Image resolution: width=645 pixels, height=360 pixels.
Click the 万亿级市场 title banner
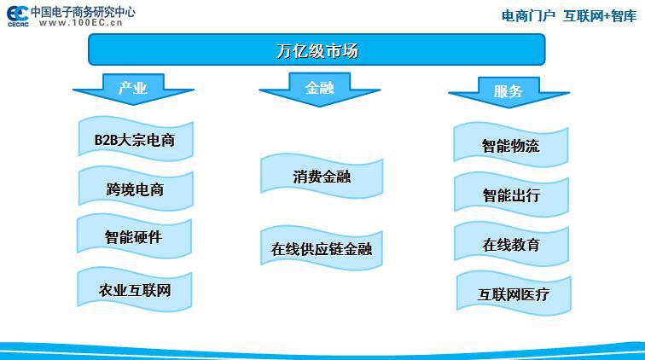(317, 49)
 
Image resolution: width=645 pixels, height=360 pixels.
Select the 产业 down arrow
(133, 89)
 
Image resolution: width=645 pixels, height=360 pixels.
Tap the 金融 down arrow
(320, 90)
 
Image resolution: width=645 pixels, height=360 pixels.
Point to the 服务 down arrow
(508, 92)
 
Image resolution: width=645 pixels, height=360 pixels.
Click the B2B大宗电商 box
(136, 139)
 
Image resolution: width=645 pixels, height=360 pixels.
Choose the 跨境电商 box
(136, 189)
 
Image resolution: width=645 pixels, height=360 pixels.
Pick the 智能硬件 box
(134, 236)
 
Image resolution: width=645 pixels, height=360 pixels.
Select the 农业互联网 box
(135, 290)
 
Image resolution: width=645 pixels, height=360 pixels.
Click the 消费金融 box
(322, 176)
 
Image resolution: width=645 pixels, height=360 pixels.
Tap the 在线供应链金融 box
(322, 248)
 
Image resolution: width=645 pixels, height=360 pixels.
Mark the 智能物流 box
(511, 145)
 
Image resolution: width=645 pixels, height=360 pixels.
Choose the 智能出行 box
(511, 195)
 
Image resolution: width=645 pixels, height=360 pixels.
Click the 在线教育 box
(511, 244)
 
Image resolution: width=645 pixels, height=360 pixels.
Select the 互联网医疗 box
(514, 293)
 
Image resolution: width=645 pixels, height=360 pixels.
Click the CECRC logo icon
(18, 16)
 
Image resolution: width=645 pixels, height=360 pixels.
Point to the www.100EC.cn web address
(80, 23)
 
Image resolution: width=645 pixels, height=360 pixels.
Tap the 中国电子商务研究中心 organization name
(83, 12)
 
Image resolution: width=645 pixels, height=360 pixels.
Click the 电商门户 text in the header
(528, 16)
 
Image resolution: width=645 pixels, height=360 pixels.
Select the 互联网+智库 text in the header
(600, 16)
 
